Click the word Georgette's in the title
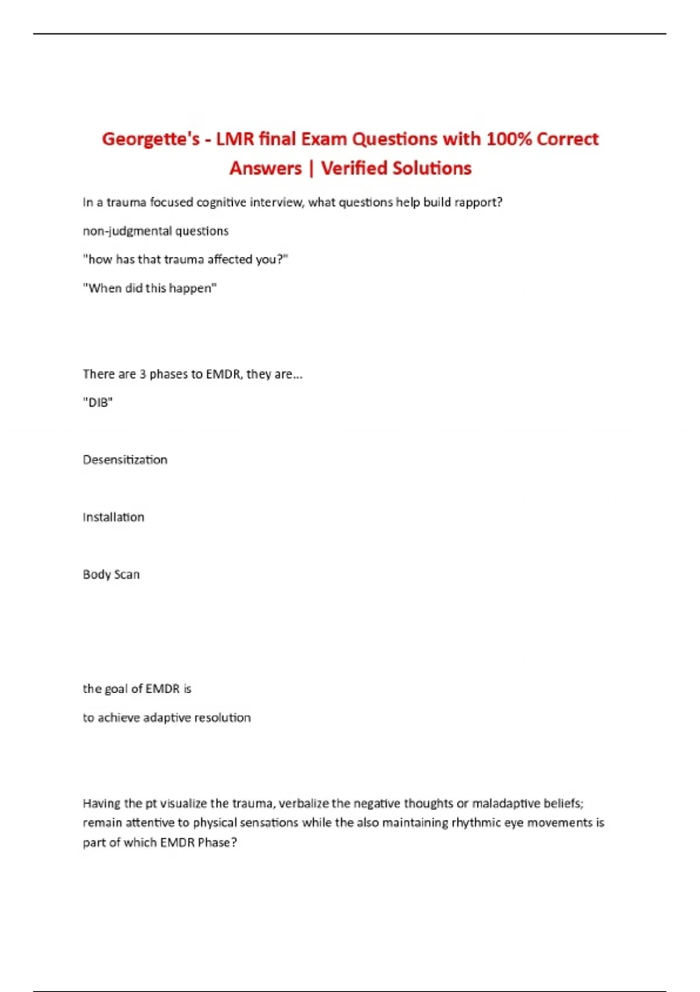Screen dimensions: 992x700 (x=150, y=139)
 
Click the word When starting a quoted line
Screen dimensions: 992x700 (x=105, y=288)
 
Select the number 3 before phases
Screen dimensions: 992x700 (x=142, y=374)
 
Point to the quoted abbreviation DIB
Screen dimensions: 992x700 (x=98, y=403)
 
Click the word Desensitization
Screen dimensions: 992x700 (x=125, y=460)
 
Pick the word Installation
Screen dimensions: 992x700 (x=113, y=517)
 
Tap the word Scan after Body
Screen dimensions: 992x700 (x=127, y=575)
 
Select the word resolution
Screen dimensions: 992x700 (x=222, y=718)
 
